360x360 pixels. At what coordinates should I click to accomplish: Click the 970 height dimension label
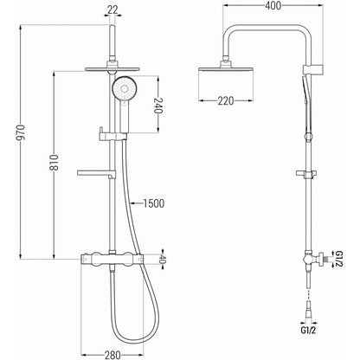coord(21,134)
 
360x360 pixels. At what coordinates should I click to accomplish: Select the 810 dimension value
coord(54,164)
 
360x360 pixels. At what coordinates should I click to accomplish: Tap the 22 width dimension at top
coord(112,10)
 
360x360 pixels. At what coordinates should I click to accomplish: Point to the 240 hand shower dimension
coord(158,106)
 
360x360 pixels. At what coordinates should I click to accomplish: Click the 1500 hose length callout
coord(154,203)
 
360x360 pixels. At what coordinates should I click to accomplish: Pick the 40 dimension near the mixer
coord(163,259)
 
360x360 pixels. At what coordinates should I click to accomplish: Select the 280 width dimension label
coord(112,355)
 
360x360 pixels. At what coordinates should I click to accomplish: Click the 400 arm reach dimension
coord(273,5)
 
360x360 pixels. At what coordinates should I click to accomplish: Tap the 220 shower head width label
coord(226,100)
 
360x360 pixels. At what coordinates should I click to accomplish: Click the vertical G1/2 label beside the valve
coord(338,259)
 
